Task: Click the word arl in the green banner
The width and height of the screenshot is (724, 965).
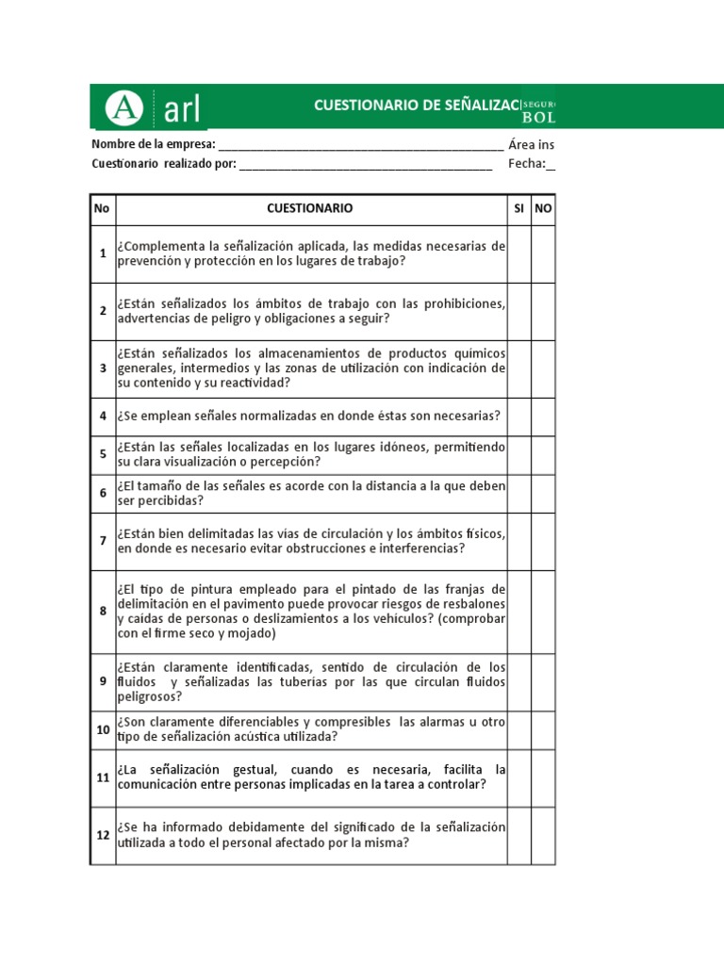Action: pos(182,108)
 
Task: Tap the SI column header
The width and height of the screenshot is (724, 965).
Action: pos(518,207)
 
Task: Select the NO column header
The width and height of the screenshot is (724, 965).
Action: pos(543,207)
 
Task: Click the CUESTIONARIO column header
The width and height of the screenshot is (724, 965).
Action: pos(310,207)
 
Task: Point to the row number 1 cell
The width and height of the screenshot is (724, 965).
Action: pos(103,254)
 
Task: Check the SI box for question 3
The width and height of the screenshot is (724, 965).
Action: pos(518,368)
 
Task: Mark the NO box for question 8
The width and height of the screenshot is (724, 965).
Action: pos(543,611)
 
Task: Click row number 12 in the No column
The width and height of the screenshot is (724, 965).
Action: pos(103,835)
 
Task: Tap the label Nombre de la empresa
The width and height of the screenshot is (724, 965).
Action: pos(153,144)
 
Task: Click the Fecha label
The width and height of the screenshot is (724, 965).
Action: pos(526,164)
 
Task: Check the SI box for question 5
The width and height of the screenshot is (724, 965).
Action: pos(518,454)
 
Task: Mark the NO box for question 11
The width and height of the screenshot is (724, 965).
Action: pos(543,777)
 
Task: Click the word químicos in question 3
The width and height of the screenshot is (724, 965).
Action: pos(481,352)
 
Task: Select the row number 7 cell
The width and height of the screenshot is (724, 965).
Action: pos(103,541)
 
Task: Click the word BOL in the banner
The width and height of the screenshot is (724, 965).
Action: pos(539,118)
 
